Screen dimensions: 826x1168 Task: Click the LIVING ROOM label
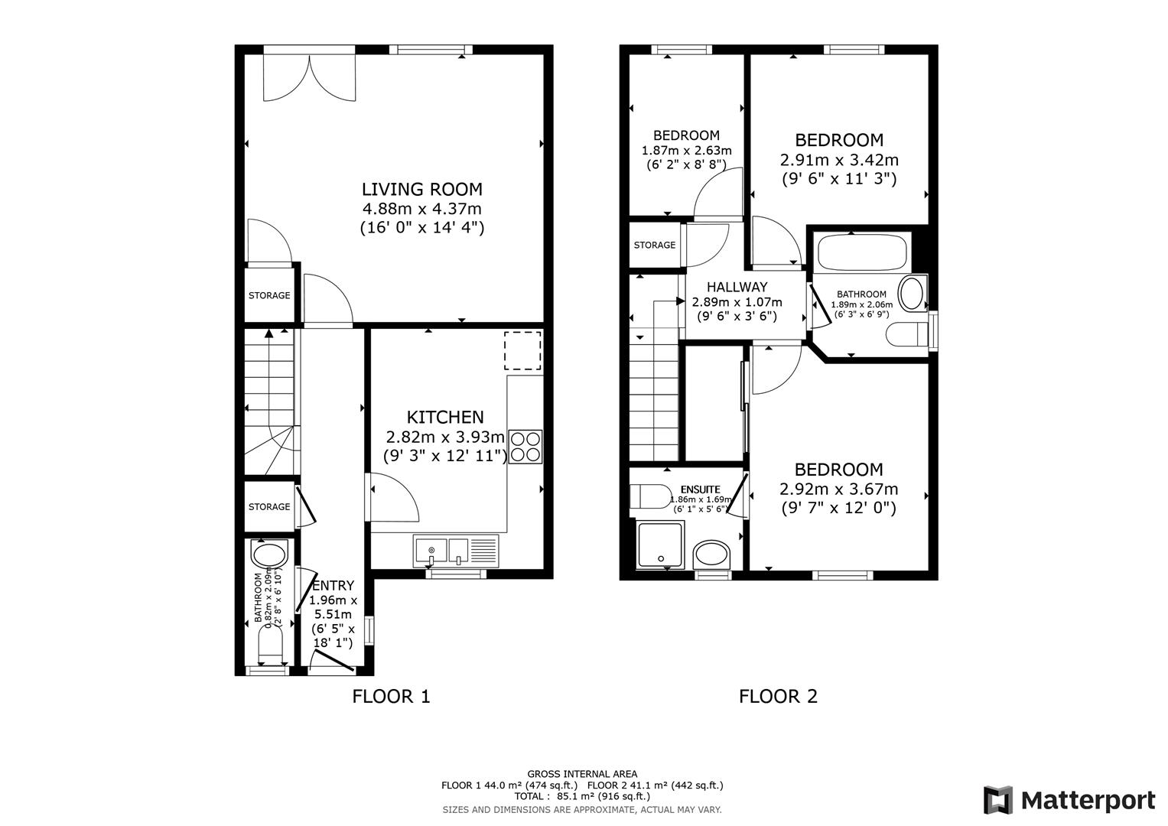(x=421, y=189)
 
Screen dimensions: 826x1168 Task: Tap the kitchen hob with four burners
(x=525, y=447)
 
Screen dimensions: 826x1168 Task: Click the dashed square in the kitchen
(x=522, y=351)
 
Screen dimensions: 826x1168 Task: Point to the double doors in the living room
(x=309, y=76)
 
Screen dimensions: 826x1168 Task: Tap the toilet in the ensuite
(x=648, y=496)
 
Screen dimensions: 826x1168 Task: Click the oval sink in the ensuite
(x=712, y=554)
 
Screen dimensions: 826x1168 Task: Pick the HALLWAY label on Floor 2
(x=737, y=288)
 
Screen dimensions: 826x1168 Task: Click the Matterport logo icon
(x=997, y=800)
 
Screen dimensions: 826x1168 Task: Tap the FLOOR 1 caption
(x=391, y=696)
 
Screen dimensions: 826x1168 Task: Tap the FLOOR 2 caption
(x=778, y=696)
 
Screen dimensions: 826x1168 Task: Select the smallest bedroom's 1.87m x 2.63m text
(x=686, y=150)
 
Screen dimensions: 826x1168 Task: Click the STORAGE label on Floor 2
(x=654, y=245)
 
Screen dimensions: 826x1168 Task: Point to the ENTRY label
(x=333, y=586)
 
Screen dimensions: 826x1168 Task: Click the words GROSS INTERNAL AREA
(x=581, y=774)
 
